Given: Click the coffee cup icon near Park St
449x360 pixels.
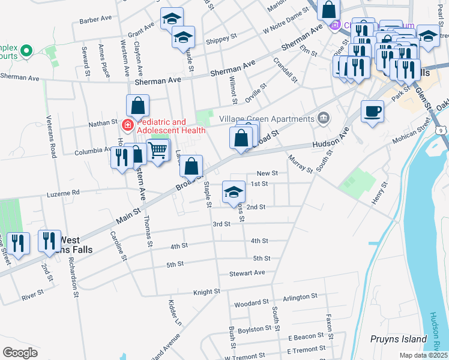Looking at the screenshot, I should [373, 111].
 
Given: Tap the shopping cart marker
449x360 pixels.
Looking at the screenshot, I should [158, 150].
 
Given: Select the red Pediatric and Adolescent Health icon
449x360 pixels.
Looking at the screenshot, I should [127, 125].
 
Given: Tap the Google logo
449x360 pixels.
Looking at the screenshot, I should [20, 352].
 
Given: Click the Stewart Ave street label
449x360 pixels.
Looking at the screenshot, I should [247, 272].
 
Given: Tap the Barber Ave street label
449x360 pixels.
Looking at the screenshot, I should [95, 19].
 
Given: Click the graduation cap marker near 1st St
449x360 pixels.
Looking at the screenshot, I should [234, 191].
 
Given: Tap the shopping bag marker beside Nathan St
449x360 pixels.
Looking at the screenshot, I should [137, 106].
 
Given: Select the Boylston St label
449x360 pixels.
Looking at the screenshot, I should [254, 329].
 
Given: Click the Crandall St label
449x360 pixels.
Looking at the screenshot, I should [285, 70].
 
